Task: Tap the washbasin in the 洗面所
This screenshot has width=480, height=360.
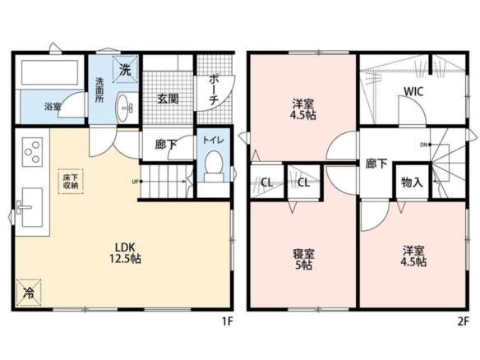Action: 125,107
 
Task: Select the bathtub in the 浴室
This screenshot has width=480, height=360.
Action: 49,72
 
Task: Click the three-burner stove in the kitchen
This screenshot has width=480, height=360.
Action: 32,152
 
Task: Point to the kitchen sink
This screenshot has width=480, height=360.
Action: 32,207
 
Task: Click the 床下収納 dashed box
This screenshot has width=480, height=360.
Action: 71,181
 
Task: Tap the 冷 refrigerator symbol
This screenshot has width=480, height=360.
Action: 29,293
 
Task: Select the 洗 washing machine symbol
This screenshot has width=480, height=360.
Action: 125,70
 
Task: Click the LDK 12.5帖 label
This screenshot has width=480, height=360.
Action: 125,253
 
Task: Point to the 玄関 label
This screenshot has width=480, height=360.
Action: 168,99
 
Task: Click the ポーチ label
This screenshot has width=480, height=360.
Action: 214,90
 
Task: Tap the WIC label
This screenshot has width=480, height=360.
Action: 413,91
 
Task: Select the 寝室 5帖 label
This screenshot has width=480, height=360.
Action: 303,259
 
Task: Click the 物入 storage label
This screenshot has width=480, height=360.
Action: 412,182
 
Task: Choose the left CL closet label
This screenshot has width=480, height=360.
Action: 266,182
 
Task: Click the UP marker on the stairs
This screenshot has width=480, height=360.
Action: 135,182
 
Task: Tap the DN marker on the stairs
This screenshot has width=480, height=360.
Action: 423,145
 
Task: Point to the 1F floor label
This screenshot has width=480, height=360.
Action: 228,321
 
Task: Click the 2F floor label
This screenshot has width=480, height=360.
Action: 464,321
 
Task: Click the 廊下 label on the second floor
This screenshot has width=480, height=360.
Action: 376,164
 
